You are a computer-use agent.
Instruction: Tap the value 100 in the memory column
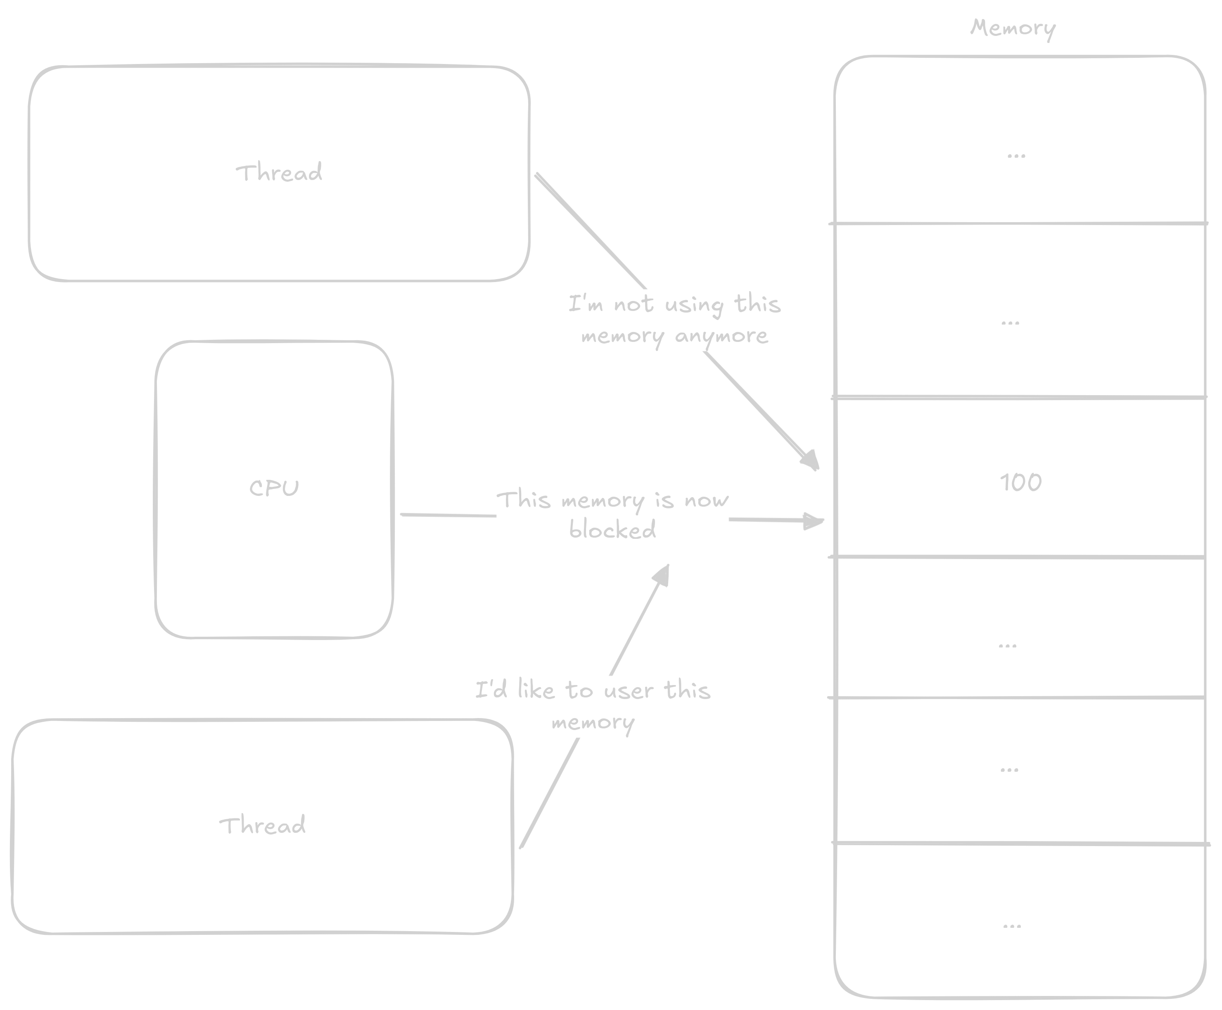(x=1020, y=482)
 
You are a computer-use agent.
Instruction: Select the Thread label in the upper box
(x=279, y=173)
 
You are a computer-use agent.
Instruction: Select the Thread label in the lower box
(x=262, y=825)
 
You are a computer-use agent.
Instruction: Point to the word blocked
(x=612, y=529)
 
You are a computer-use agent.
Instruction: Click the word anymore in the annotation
(x=721, y=336)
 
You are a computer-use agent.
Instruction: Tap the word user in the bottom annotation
(x=629, y=690)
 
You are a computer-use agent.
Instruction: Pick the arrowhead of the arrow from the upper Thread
(x=812, y=461)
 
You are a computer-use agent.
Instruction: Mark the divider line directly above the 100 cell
(x=1018, y=397)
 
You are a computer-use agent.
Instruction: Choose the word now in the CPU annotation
(x=707, y=500)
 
